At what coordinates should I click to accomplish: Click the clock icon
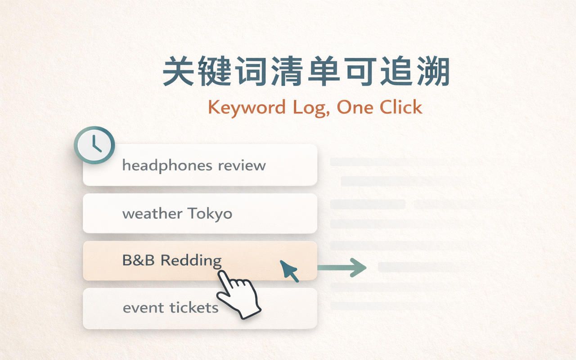pos(94,145)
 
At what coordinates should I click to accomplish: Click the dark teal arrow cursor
pos(289,270)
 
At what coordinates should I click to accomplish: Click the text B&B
pos(139,260)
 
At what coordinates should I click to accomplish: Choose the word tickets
pos(194,308)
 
